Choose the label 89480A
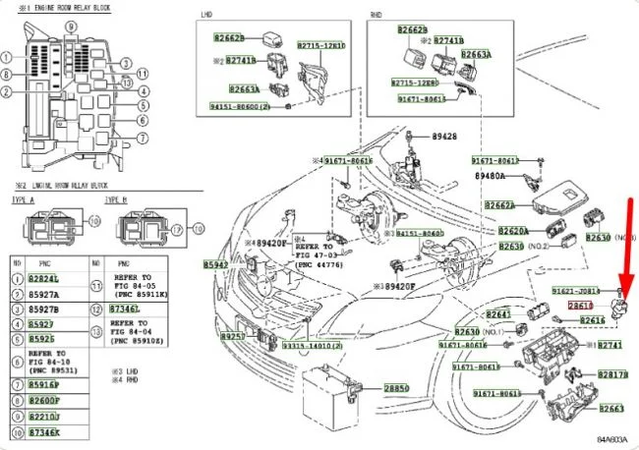(490, 176)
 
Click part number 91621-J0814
(576, 291)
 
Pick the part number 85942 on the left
(216, 265)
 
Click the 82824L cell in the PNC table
(42, 279)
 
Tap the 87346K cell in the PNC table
(42, 431)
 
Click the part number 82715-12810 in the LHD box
(321, 46)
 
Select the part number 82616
(592, 320)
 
